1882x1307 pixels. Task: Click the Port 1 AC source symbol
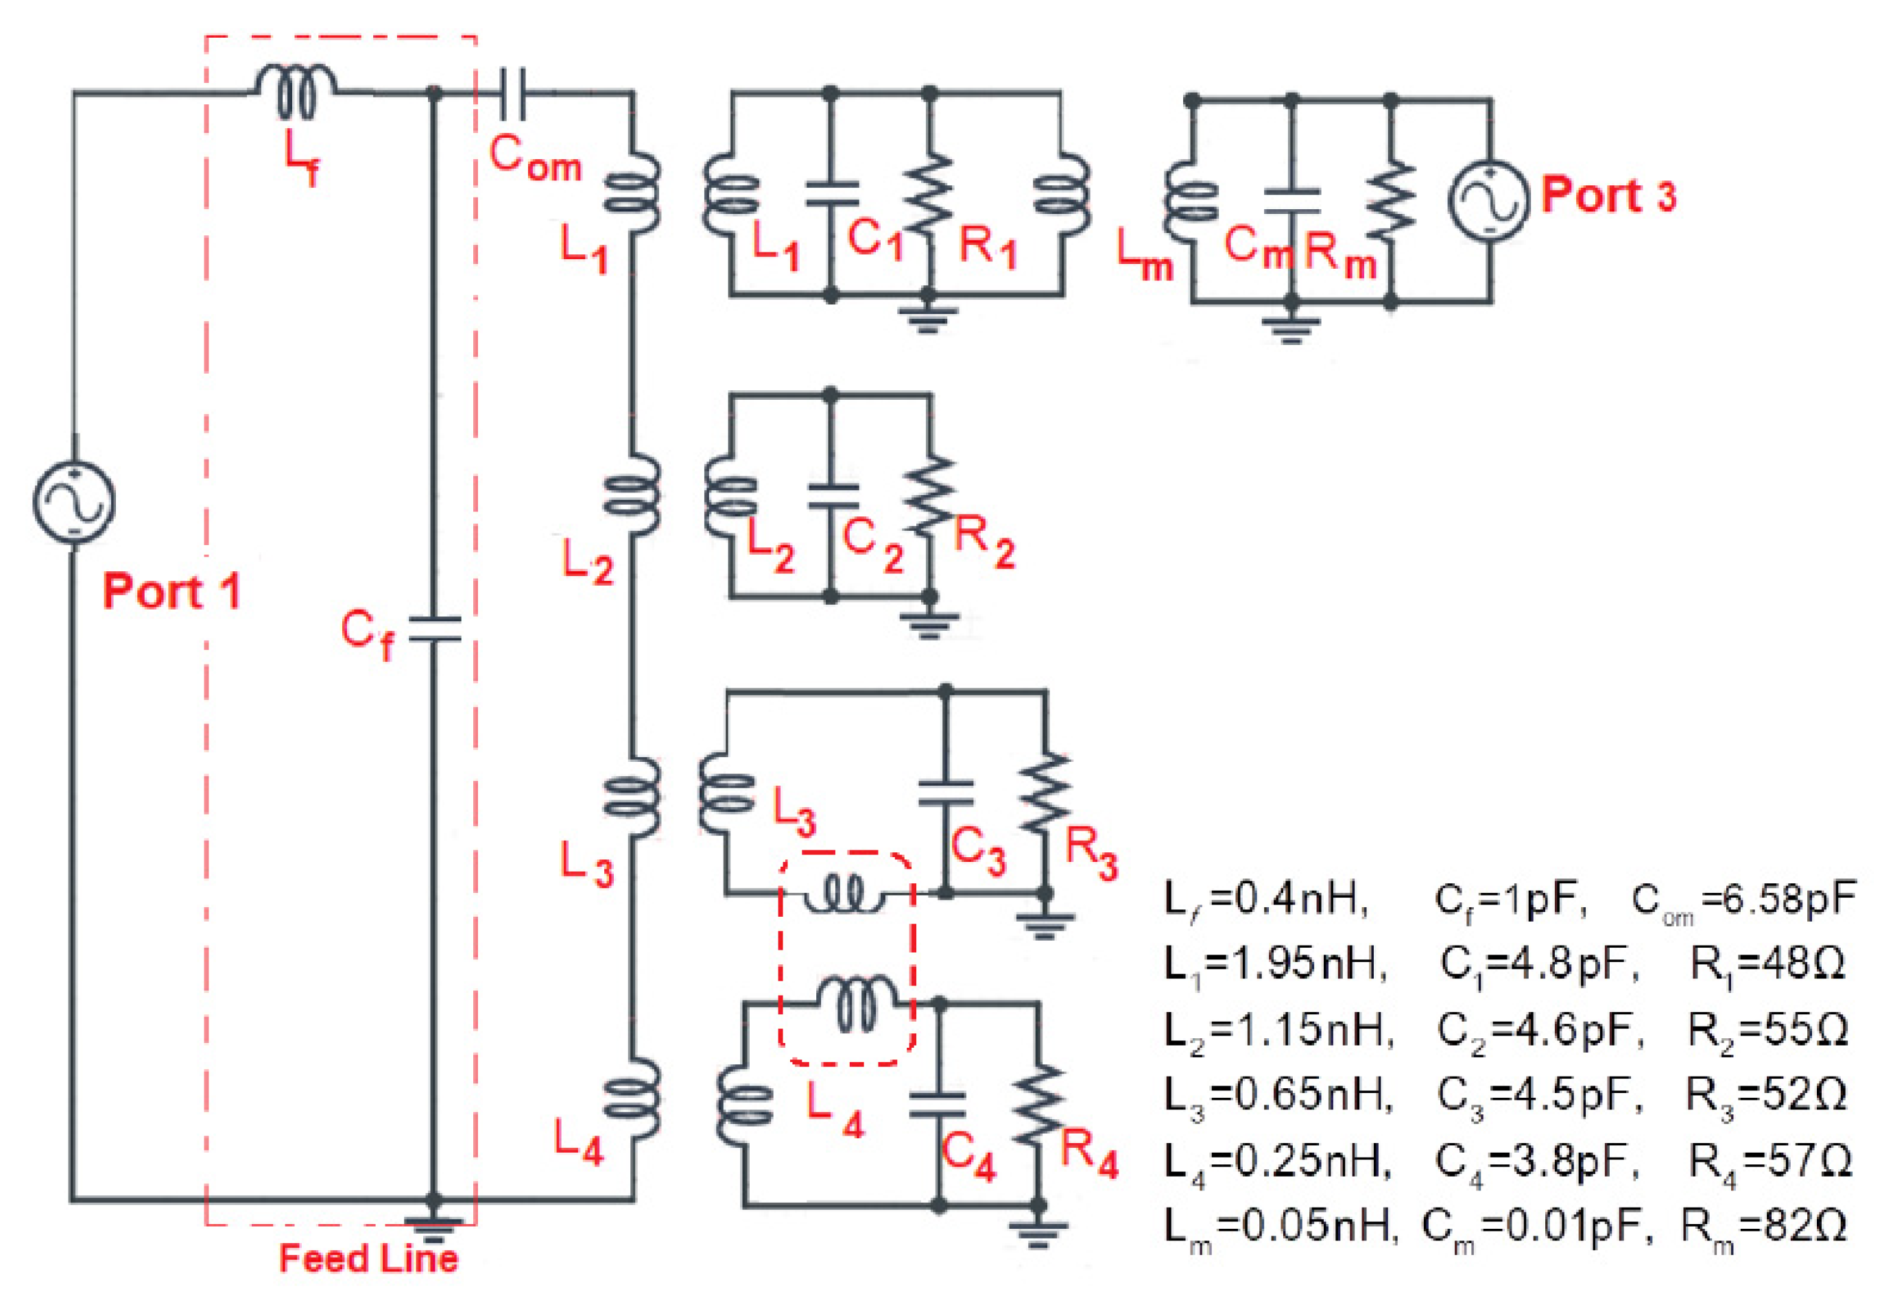click(x=73, y=501)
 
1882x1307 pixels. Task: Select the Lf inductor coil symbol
click(x=295, y=90)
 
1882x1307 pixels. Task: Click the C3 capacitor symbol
click(x=945, y=792)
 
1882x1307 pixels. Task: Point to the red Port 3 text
click(x=1608, y=195)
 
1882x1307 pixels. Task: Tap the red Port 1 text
click(x=172, y=590)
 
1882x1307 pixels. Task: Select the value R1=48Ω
click(x=1767, y=965)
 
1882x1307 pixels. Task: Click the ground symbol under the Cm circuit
click(x=1291, y=328)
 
